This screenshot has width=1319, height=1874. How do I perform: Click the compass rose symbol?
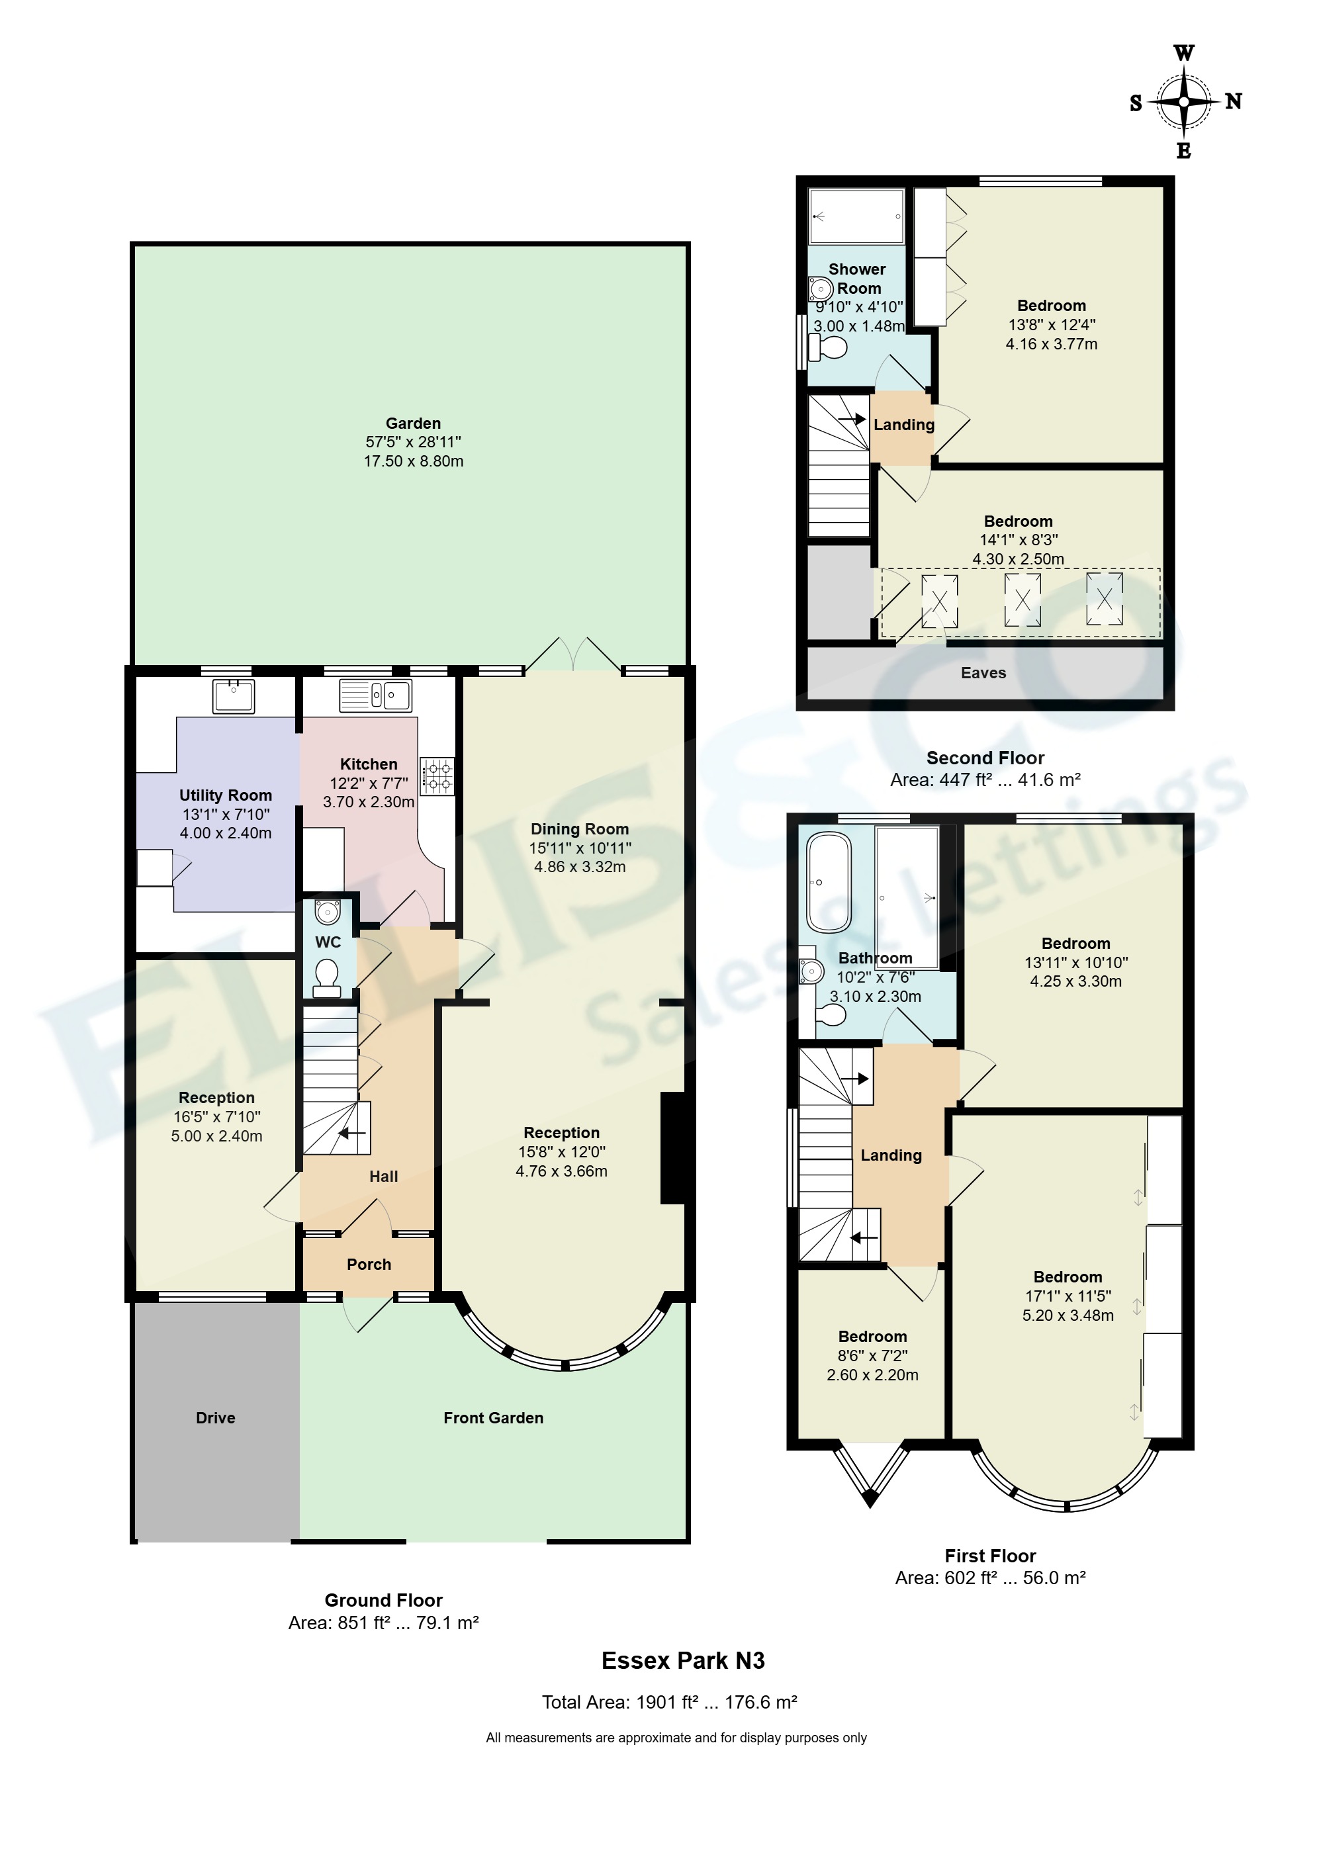pyautogui.click(x=1183, y=102)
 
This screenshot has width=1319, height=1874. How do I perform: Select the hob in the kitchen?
pyautogui.click(x=437, y=776)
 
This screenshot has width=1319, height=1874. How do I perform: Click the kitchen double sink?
pyautogui.click(x=375, y=695)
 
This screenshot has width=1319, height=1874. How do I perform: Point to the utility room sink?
pyautogui.click(x=234, y=695)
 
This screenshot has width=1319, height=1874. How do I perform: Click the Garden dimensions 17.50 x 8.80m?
pyautogui.click(x=413, y=461)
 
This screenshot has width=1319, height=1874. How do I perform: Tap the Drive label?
pyautogui.click(x=216, y=1418)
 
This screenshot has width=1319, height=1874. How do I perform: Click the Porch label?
pyautogui.click(x=369, y=1265)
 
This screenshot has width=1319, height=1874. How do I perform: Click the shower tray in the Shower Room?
pyautogui.click(x=856, y=216)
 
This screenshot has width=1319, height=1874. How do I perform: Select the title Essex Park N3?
pyautogui.click(x=683, y=1661)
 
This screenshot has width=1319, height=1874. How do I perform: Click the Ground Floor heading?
pyautogui.click(x=384, y=1600)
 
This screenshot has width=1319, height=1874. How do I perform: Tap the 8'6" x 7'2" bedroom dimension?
pyautogui.click(x=872, y=1356)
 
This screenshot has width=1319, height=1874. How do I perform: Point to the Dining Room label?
pyautogui.click(x=580, y=828)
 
